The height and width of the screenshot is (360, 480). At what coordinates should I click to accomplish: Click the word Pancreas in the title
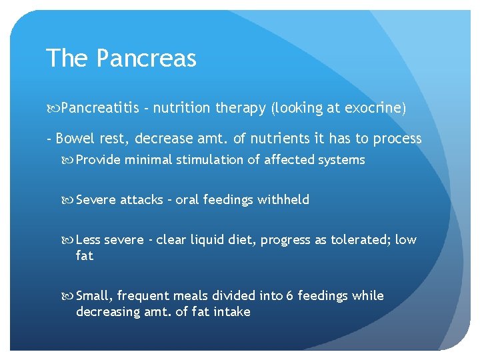coord(147,59)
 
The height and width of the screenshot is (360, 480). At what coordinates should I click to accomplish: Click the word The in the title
coord(67,59)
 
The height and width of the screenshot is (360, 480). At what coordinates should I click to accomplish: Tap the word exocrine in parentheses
coord(373,107)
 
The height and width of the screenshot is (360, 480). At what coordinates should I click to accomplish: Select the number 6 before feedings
coord(290,295)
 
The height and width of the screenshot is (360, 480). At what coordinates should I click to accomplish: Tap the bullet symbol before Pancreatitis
coord(53,107)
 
